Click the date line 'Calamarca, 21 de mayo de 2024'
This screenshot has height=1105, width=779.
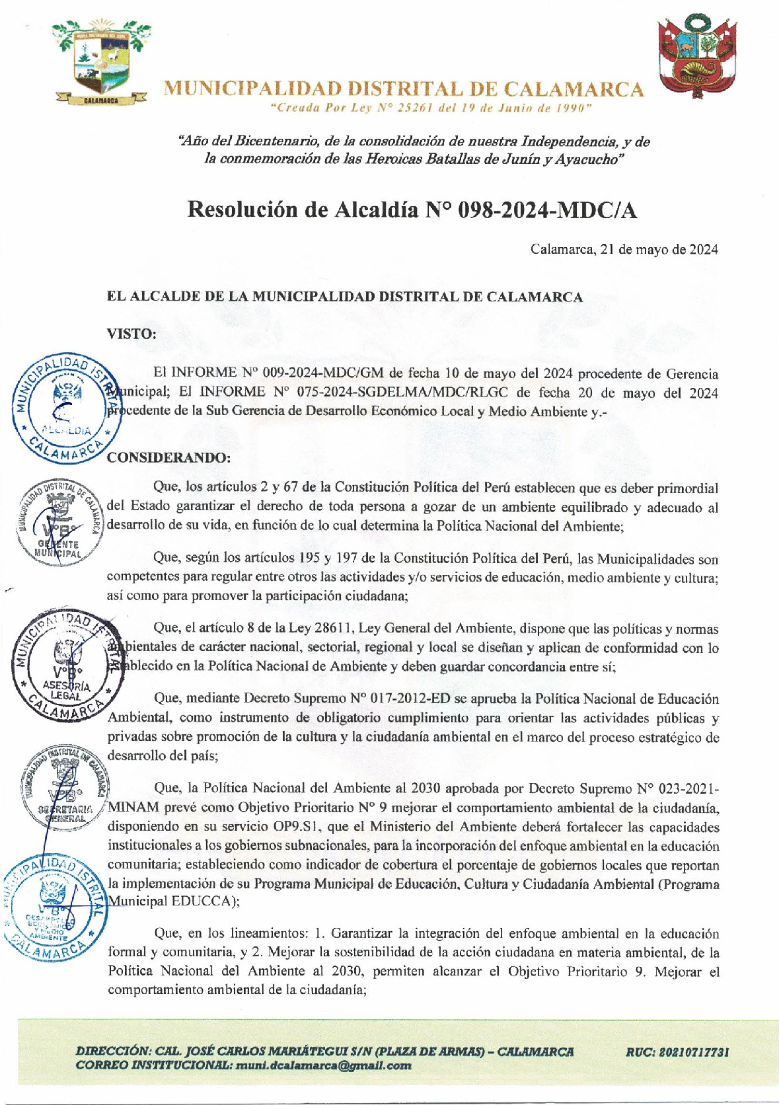(624, 249)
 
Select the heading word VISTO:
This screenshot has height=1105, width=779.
(131, 334)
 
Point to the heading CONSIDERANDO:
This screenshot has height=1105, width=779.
(168, 457)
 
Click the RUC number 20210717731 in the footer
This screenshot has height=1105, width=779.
(677, 1051)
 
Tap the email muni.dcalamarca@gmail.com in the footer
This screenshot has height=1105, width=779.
(323, 1065)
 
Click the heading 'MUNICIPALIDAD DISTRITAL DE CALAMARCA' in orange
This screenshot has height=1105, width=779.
(403, 89)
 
